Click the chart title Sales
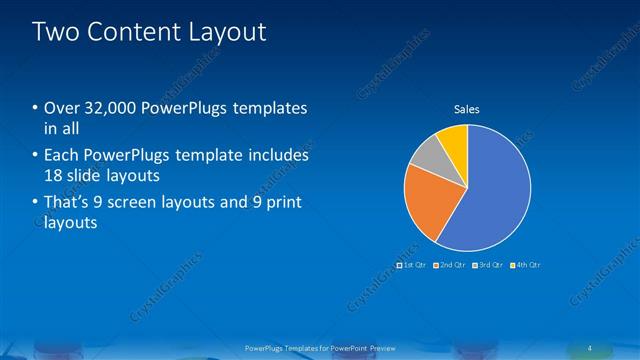467,109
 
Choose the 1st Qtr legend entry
413,265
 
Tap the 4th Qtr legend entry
527,265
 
